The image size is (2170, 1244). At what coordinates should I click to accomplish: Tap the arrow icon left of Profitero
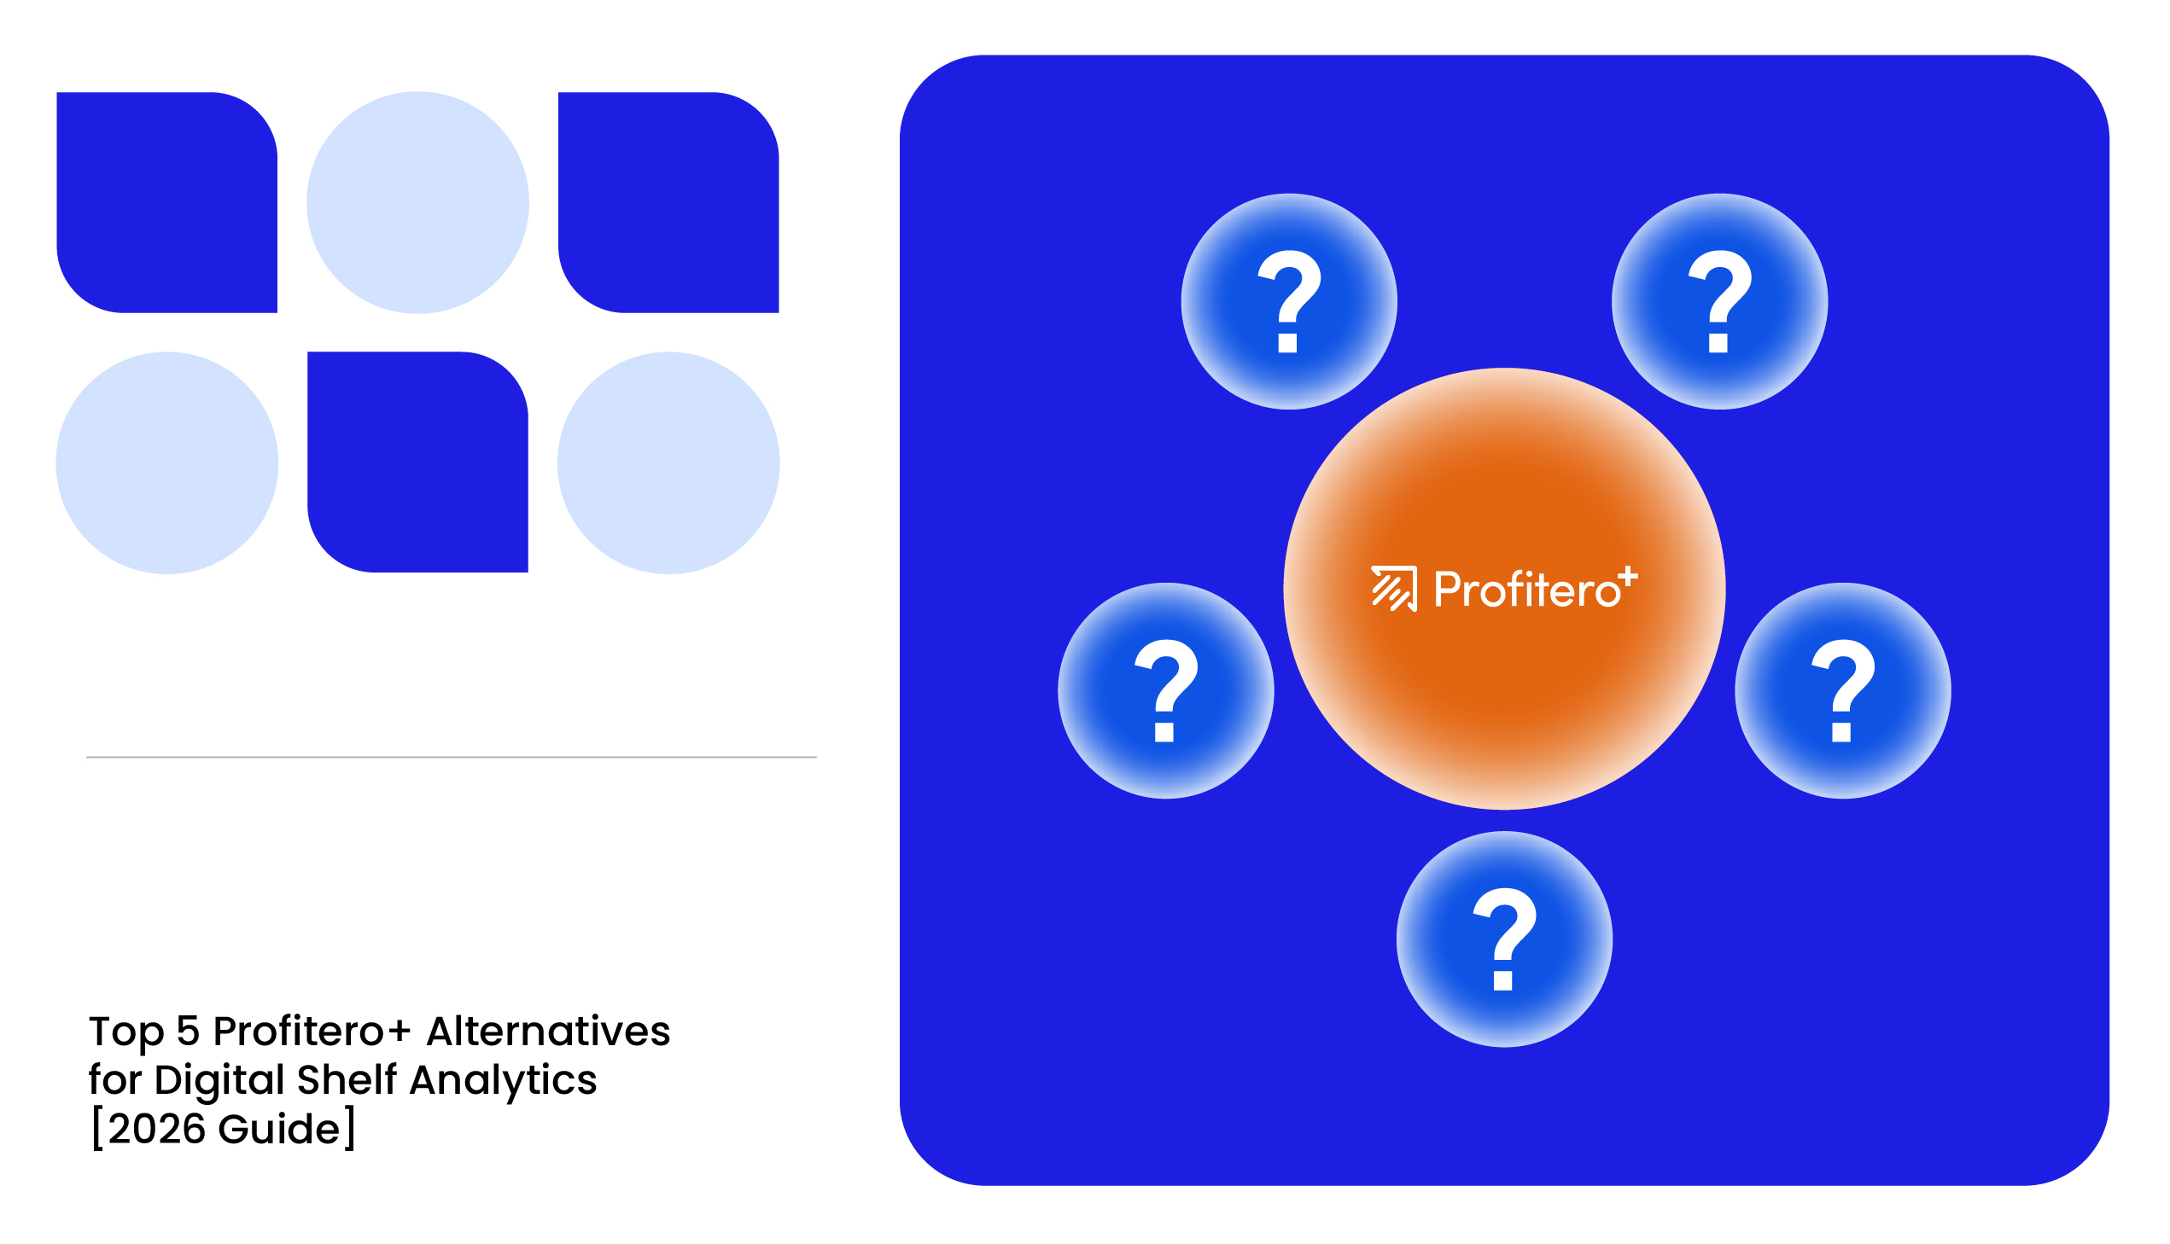point(1394,589)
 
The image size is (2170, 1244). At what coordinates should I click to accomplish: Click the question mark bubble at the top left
point(1289,301)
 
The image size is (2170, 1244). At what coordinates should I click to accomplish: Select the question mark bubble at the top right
point(1719,301)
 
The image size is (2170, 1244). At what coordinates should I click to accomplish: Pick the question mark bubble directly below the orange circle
point(1504,939)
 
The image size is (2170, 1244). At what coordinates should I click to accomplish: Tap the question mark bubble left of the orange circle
point(1166,690)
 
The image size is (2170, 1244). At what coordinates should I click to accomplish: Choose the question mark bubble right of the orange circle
point(1843,690)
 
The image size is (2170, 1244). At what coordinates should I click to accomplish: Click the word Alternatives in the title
point(549,1032)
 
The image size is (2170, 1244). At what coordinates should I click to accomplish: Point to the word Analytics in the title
point(504,1081)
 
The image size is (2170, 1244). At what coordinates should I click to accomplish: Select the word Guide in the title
point(279,1129)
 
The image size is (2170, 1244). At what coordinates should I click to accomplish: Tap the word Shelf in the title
point(347,1080)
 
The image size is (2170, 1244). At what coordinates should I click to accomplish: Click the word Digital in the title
point(219,1081)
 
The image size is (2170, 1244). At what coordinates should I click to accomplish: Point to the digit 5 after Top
point(188,1032)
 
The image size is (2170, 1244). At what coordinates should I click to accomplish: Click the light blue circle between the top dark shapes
point(417,202)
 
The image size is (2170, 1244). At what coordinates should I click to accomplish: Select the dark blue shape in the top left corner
point(166,202)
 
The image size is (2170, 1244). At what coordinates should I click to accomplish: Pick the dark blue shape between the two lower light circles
point(417,462)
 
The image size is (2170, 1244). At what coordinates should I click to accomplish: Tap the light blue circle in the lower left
point(166,462)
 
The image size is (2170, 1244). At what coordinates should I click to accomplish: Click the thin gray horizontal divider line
point(452,757)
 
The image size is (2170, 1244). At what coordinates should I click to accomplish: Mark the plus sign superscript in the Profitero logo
point(1628,576)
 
